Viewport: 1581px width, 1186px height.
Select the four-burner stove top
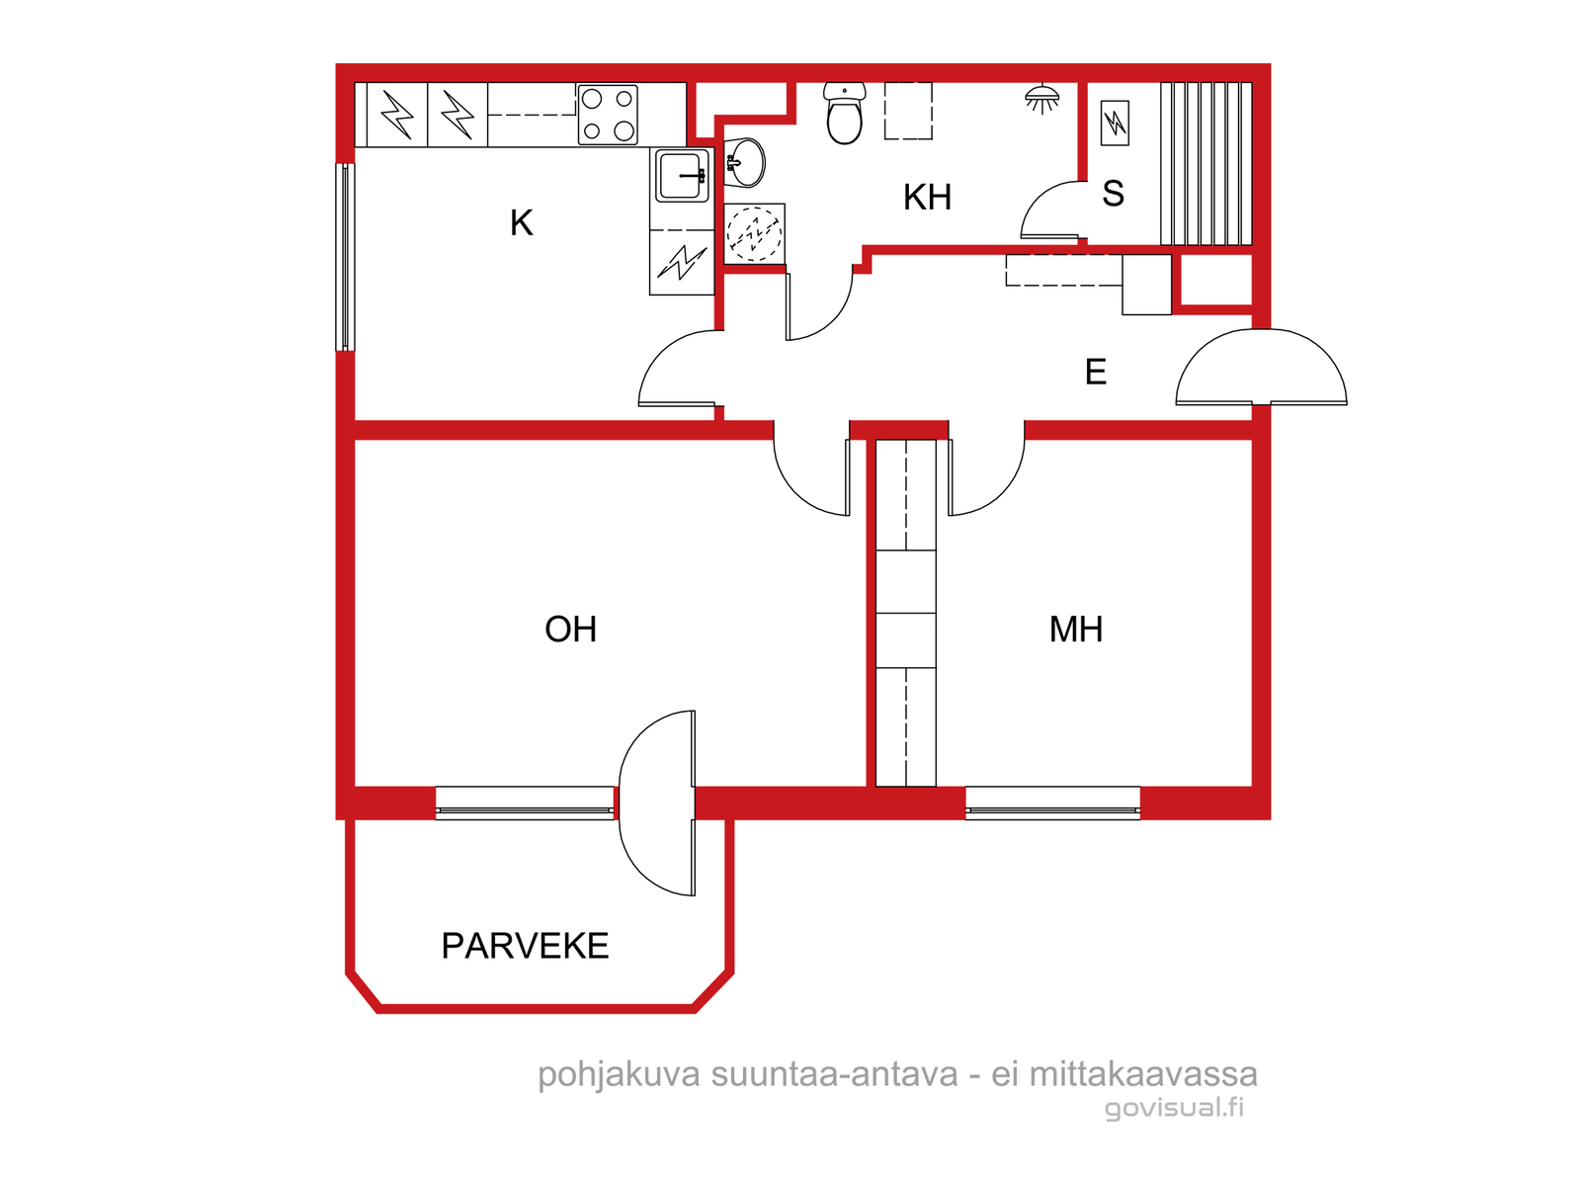tap(607, 114)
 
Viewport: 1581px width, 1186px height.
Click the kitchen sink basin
tap(681, 175)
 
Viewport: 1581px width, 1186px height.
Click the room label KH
tap(927, 198)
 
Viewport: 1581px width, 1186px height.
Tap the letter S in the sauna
tap(1113, 194)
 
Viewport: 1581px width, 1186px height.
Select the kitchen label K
tap(522, 222)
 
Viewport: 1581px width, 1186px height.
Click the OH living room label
tap(570, 629)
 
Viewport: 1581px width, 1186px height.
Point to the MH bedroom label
tap(1075, 629)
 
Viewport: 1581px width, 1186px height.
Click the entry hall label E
tap(1096, 373)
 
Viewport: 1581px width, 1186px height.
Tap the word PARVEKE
tap(525, 946)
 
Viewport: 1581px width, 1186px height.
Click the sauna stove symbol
tap(1115, 124)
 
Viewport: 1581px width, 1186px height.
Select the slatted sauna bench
tap(1206, 164)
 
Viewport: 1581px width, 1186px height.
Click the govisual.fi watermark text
tap(1175, 1108)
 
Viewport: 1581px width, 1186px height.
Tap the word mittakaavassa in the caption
tap(1144, 1074)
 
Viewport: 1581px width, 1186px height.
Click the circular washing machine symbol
tap(754, 233)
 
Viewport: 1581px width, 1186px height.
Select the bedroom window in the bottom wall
tap(1052, 803)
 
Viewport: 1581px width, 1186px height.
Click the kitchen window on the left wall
tap(345, 257)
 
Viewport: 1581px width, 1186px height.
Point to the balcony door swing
tap(656, 803)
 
